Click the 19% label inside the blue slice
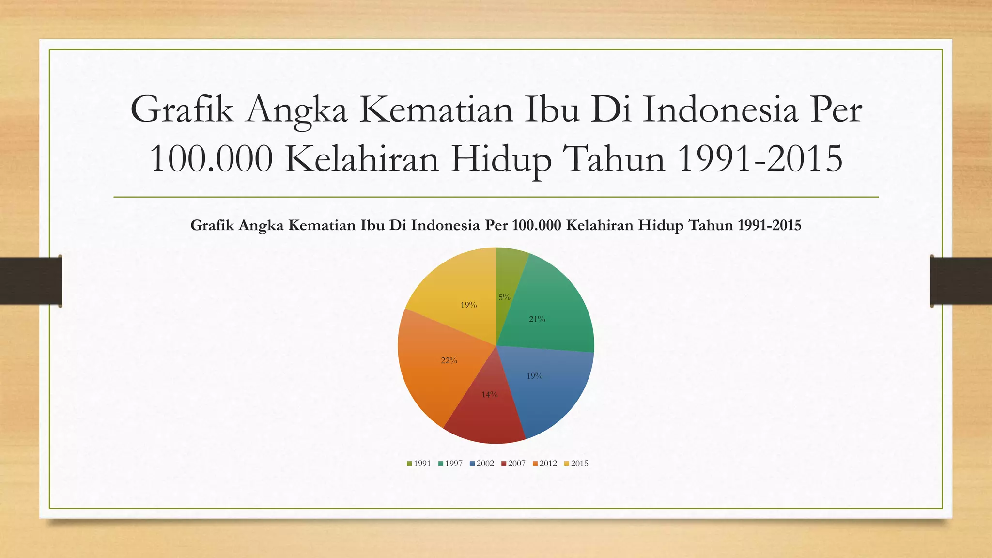pos(534,376)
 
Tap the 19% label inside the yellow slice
pos(468,305)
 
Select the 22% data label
pos(449,360)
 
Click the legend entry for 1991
pos(419,464)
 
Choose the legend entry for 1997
pos(450,464)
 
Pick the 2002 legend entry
pos(482,464)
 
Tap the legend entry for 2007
pos(513,464)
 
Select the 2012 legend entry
pos(545,464)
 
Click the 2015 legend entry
pos(576,464)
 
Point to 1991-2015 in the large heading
pos(760,159)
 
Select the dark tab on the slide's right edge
pos(961,281)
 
